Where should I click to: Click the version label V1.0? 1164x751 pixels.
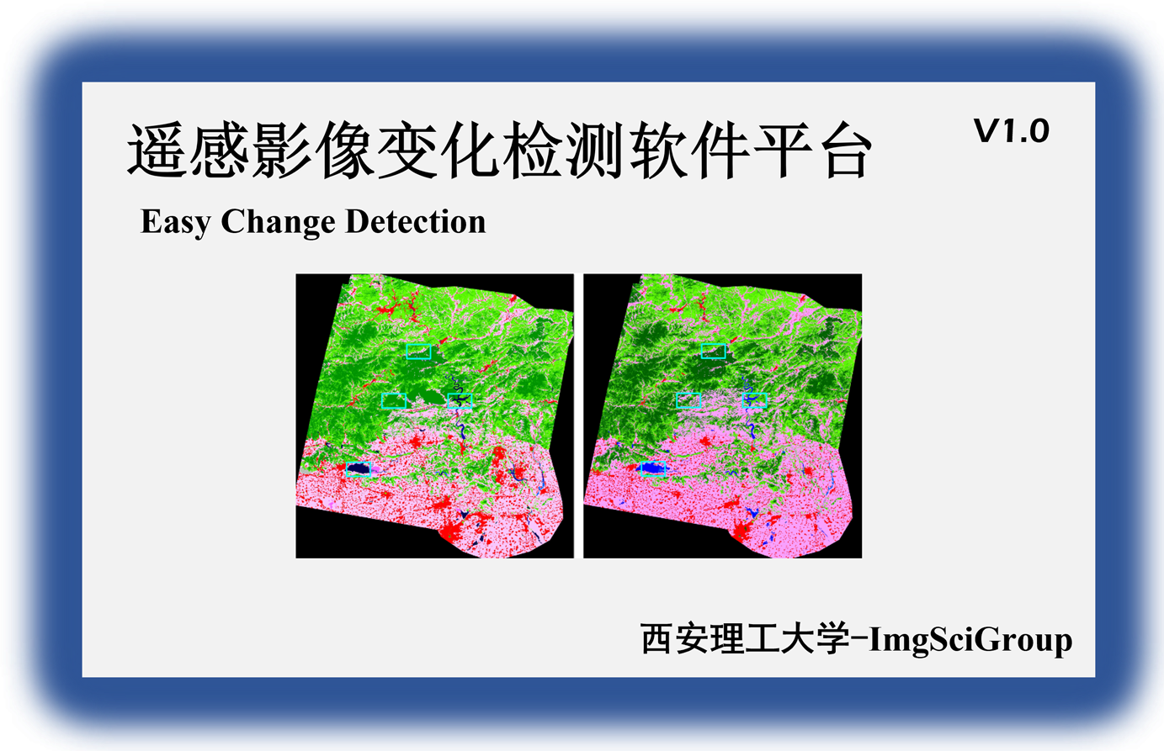(x=1011, y=130)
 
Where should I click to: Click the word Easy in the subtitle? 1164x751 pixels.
(x=175, y=222)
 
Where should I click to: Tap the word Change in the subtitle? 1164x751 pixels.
(x=278, y=222)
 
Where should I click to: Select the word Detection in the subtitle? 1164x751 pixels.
(x=416, y=221)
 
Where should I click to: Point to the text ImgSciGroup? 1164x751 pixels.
(x=970, y=640)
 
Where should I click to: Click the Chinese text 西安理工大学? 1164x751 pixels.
(x=745, y=638)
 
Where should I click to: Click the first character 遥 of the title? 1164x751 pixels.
(x=157, y=150)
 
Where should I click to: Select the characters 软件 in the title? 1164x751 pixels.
(x=690, y=150)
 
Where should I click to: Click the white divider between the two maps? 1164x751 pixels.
(x=578, y=416)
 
